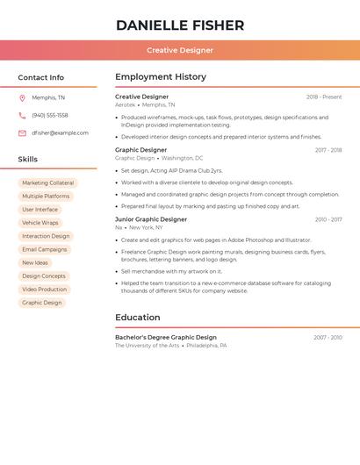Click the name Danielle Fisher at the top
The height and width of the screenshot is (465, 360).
180,25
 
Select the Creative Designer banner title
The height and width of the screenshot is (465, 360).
180,50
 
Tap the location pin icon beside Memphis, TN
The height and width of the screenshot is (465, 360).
22,98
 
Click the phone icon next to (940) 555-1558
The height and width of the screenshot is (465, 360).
22,116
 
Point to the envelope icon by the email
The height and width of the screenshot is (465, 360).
22,133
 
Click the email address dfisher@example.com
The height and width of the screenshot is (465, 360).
60,133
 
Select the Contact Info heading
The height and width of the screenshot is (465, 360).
40,77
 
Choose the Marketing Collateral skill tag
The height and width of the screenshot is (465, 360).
47,183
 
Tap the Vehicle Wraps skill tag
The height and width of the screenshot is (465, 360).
40,223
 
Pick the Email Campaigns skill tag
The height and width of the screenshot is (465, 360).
44,249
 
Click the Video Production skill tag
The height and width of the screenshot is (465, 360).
44,290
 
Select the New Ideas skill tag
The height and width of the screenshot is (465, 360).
35,262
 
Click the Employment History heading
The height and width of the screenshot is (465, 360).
161,77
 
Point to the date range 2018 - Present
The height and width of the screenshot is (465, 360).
324,97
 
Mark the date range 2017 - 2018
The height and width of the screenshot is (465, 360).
328,150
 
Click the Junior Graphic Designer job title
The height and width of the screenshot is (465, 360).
151,219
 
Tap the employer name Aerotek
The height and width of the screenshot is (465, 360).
126,105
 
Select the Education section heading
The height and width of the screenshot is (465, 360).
138,318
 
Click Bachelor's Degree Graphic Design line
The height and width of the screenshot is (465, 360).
166,338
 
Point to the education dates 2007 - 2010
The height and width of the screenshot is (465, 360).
328,338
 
